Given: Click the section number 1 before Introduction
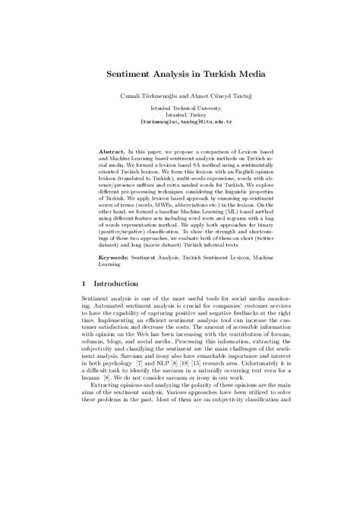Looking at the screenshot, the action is [x=83, y=302].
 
